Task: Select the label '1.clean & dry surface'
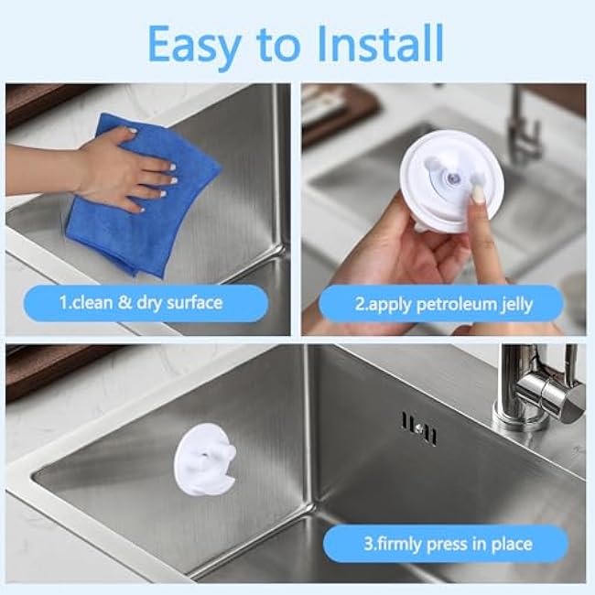pyautogui.click(x=141, y=301)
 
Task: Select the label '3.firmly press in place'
pyautogui.click(x=447, y=543)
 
